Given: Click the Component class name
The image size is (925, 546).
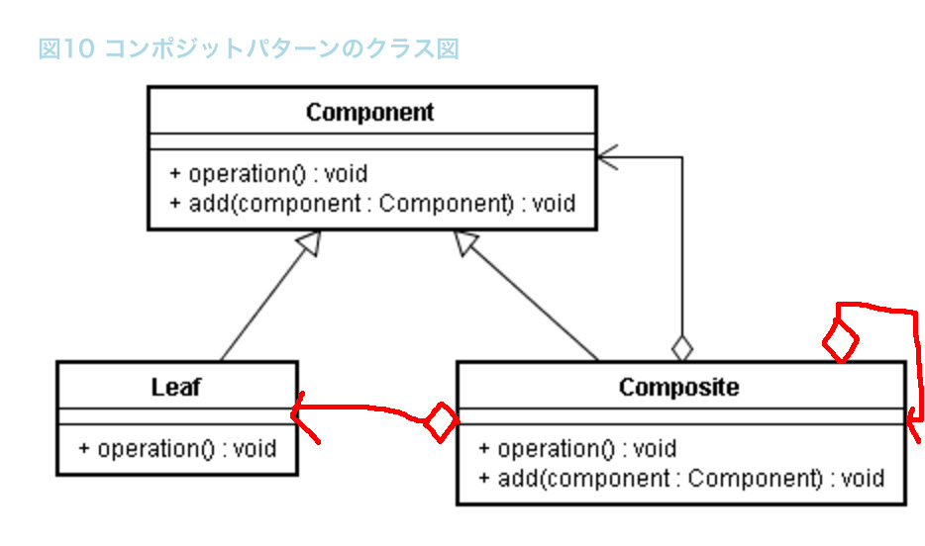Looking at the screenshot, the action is click(369, 112).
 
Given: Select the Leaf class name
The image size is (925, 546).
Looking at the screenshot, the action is click(176, 387).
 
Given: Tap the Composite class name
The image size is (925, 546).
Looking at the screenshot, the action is click(679, 387).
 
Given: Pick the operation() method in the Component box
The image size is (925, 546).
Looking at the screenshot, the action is click(268, 174).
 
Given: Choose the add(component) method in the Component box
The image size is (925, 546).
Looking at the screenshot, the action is click(372, 203).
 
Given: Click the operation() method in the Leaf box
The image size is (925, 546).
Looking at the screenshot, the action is click(177, 449).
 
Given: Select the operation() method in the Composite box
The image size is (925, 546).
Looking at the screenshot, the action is click(577, 449).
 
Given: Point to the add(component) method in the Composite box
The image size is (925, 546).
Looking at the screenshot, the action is click(681, 479).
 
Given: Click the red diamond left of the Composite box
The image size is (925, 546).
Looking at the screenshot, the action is click(442, 421).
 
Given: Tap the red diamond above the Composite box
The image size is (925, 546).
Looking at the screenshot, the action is click(841, 340).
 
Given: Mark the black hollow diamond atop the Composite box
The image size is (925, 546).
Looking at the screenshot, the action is click(682, 348).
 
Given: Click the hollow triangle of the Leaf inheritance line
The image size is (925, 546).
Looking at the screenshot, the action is click(310, 242).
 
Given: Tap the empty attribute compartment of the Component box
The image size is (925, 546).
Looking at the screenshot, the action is click(372, 141).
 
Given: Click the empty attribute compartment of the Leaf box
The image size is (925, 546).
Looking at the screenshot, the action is click(177, 415).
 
